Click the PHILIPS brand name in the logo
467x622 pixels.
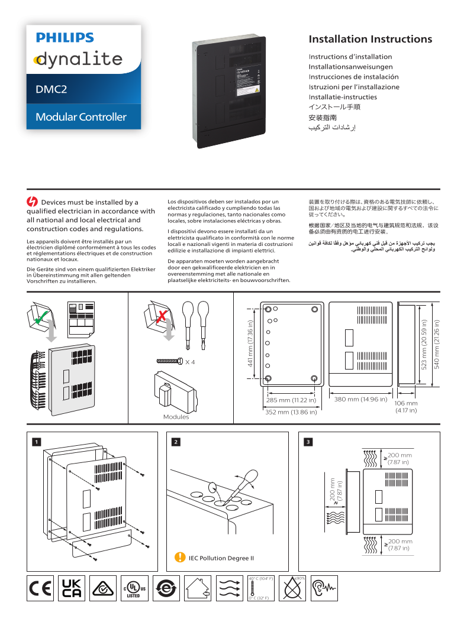click(65, 38)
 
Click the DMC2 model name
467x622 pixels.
click(51, 89)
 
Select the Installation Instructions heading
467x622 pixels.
click(370, 40)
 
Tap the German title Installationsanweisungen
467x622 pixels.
click(350, 67)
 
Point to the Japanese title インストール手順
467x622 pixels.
click(334, 107)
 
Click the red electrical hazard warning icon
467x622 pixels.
click(33, 202)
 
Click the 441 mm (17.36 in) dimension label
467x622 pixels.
click(250, 344)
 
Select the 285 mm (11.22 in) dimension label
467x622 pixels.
click(291, 400)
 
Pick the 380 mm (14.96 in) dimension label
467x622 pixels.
click(360, 400)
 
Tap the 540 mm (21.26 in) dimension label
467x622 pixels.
click(437, 344)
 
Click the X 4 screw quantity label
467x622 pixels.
click(189, 361)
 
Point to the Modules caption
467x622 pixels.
click(176, 417)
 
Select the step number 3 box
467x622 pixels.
click(308, 442)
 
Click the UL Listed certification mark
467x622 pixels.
click(134, 588)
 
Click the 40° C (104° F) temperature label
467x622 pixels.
click(260, 578)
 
